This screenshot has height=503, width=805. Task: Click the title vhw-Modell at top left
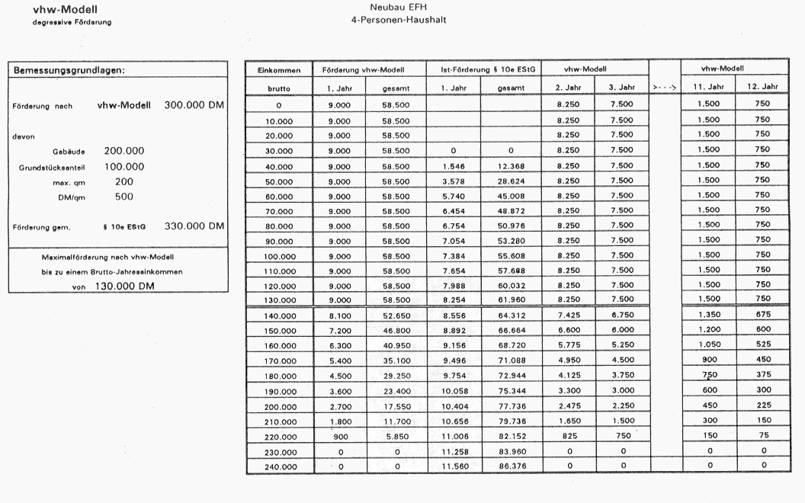tap(60, 10)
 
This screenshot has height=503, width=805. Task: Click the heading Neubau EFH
tap(393, 8)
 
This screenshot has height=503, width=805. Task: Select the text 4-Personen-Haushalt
tap(393, 20)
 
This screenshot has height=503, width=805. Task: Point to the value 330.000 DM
tap(194, 226)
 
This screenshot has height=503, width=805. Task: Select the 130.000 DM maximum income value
tap(127, 287)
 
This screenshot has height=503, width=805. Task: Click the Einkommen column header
tap(278, 70)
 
